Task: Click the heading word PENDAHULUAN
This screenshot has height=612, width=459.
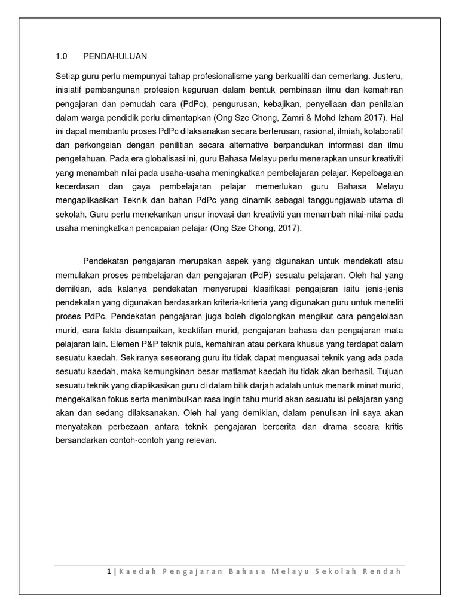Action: [x=115, y=57]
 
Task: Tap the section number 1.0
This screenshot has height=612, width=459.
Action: [x=61, y=57]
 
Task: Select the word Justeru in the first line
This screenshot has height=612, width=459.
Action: [x=388, y=76]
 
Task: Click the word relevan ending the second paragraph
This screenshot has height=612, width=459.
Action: [x=201, y=440]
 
